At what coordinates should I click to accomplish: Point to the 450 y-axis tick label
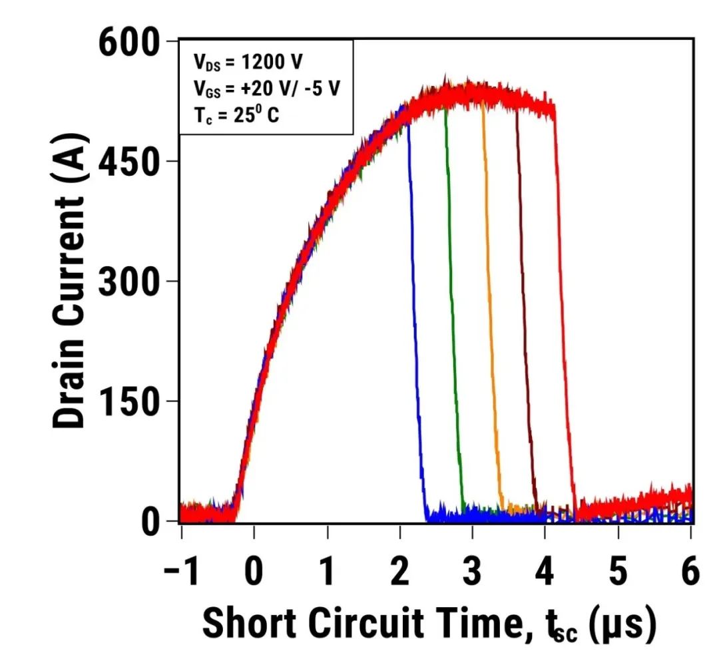click(x=128, y=162)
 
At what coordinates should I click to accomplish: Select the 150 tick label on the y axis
click(x=128, y=401)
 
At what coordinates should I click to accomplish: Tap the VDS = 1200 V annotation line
click(x=248, y=63)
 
